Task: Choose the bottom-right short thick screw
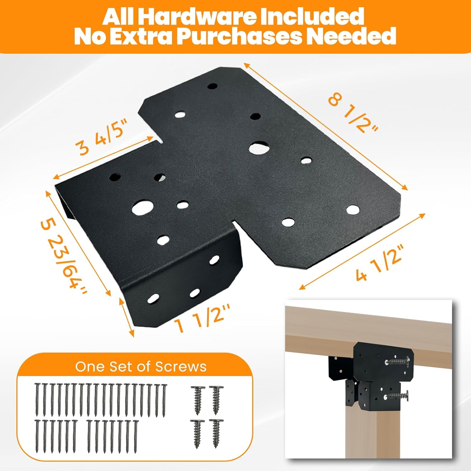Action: [216, 434]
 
